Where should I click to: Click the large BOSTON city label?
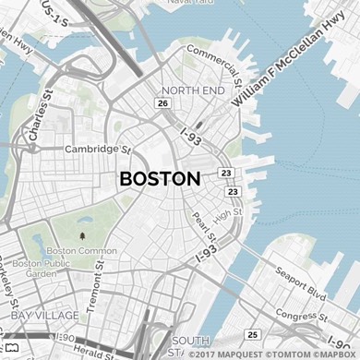point(160,179)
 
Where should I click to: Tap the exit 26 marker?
point(162,103)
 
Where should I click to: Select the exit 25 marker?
point(252,333)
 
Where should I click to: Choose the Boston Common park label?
point(82,251)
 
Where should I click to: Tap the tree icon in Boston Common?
point(82,236)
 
